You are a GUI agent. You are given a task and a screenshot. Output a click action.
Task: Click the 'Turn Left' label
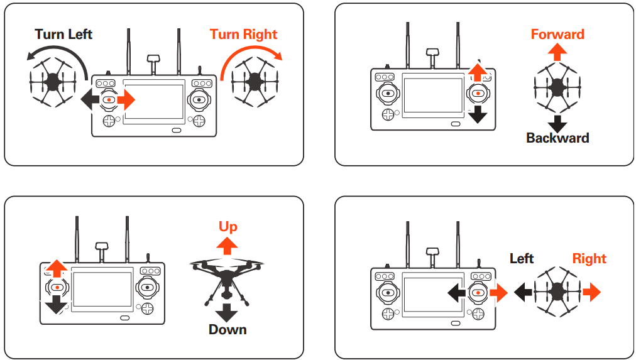63,34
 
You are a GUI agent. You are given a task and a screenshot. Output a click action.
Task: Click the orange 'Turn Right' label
243,34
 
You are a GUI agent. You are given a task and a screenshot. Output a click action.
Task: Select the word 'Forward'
557,34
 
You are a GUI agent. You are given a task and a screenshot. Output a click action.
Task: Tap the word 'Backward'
557,138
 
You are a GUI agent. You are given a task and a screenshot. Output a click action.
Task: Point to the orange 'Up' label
228,226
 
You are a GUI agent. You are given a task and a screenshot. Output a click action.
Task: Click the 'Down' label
228,329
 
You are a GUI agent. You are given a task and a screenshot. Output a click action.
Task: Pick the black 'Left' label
522,258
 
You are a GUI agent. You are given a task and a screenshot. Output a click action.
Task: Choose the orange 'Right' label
589,258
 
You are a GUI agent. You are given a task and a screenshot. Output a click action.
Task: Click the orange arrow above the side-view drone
228,244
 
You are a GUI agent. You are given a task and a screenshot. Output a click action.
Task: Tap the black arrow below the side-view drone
228,312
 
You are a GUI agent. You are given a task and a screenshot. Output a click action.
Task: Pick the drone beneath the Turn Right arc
254,80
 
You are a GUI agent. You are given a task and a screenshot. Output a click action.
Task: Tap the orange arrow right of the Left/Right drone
591,292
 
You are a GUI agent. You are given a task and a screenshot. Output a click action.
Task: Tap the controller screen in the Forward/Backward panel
432,95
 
